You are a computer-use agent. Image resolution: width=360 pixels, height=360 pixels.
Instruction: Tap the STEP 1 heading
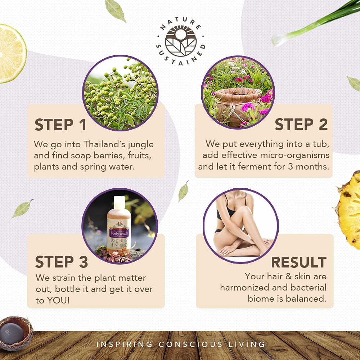[60, 125]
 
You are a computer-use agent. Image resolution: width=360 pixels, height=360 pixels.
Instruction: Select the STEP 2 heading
[301, 124]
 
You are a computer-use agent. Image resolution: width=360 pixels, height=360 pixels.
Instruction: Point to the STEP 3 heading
[61, 262]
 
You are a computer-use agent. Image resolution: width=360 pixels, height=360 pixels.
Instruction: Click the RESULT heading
[298, 262]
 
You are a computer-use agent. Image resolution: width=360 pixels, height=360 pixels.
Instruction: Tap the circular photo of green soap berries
[121, 93]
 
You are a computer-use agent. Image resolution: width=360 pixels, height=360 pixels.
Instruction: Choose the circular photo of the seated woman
[240, 225]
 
